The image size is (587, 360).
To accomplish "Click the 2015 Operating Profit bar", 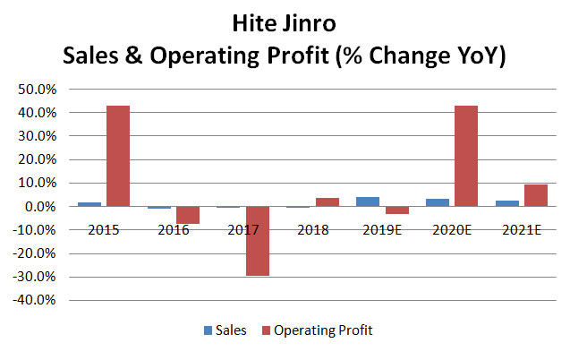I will [118, 156].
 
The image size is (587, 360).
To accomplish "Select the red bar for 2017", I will [258, 241].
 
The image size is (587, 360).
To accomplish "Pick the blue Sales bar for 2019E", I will [368, 201].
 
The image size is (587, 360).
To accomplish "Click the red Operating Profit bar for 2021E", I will [535, 195].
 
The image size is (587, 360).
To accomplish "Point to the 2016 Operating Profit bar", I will [188, 215].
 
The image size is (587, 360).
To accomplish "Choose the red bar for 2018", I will [328, 202].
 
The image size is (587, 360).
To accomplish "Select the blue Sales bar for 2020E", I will [438, 202].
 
